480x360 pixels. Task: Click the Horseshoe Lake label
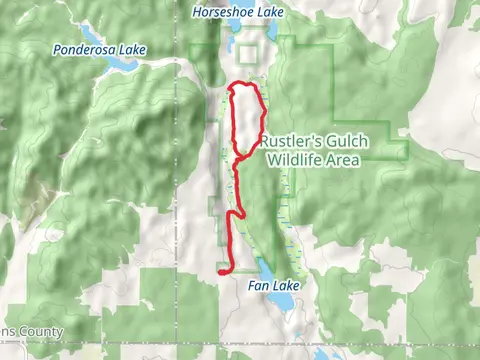(x=237, y=12)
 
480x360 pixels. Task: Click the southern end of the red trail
(x=220, y=271)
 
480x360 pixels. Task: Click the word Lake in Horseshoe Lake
(x=268, y=12)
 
